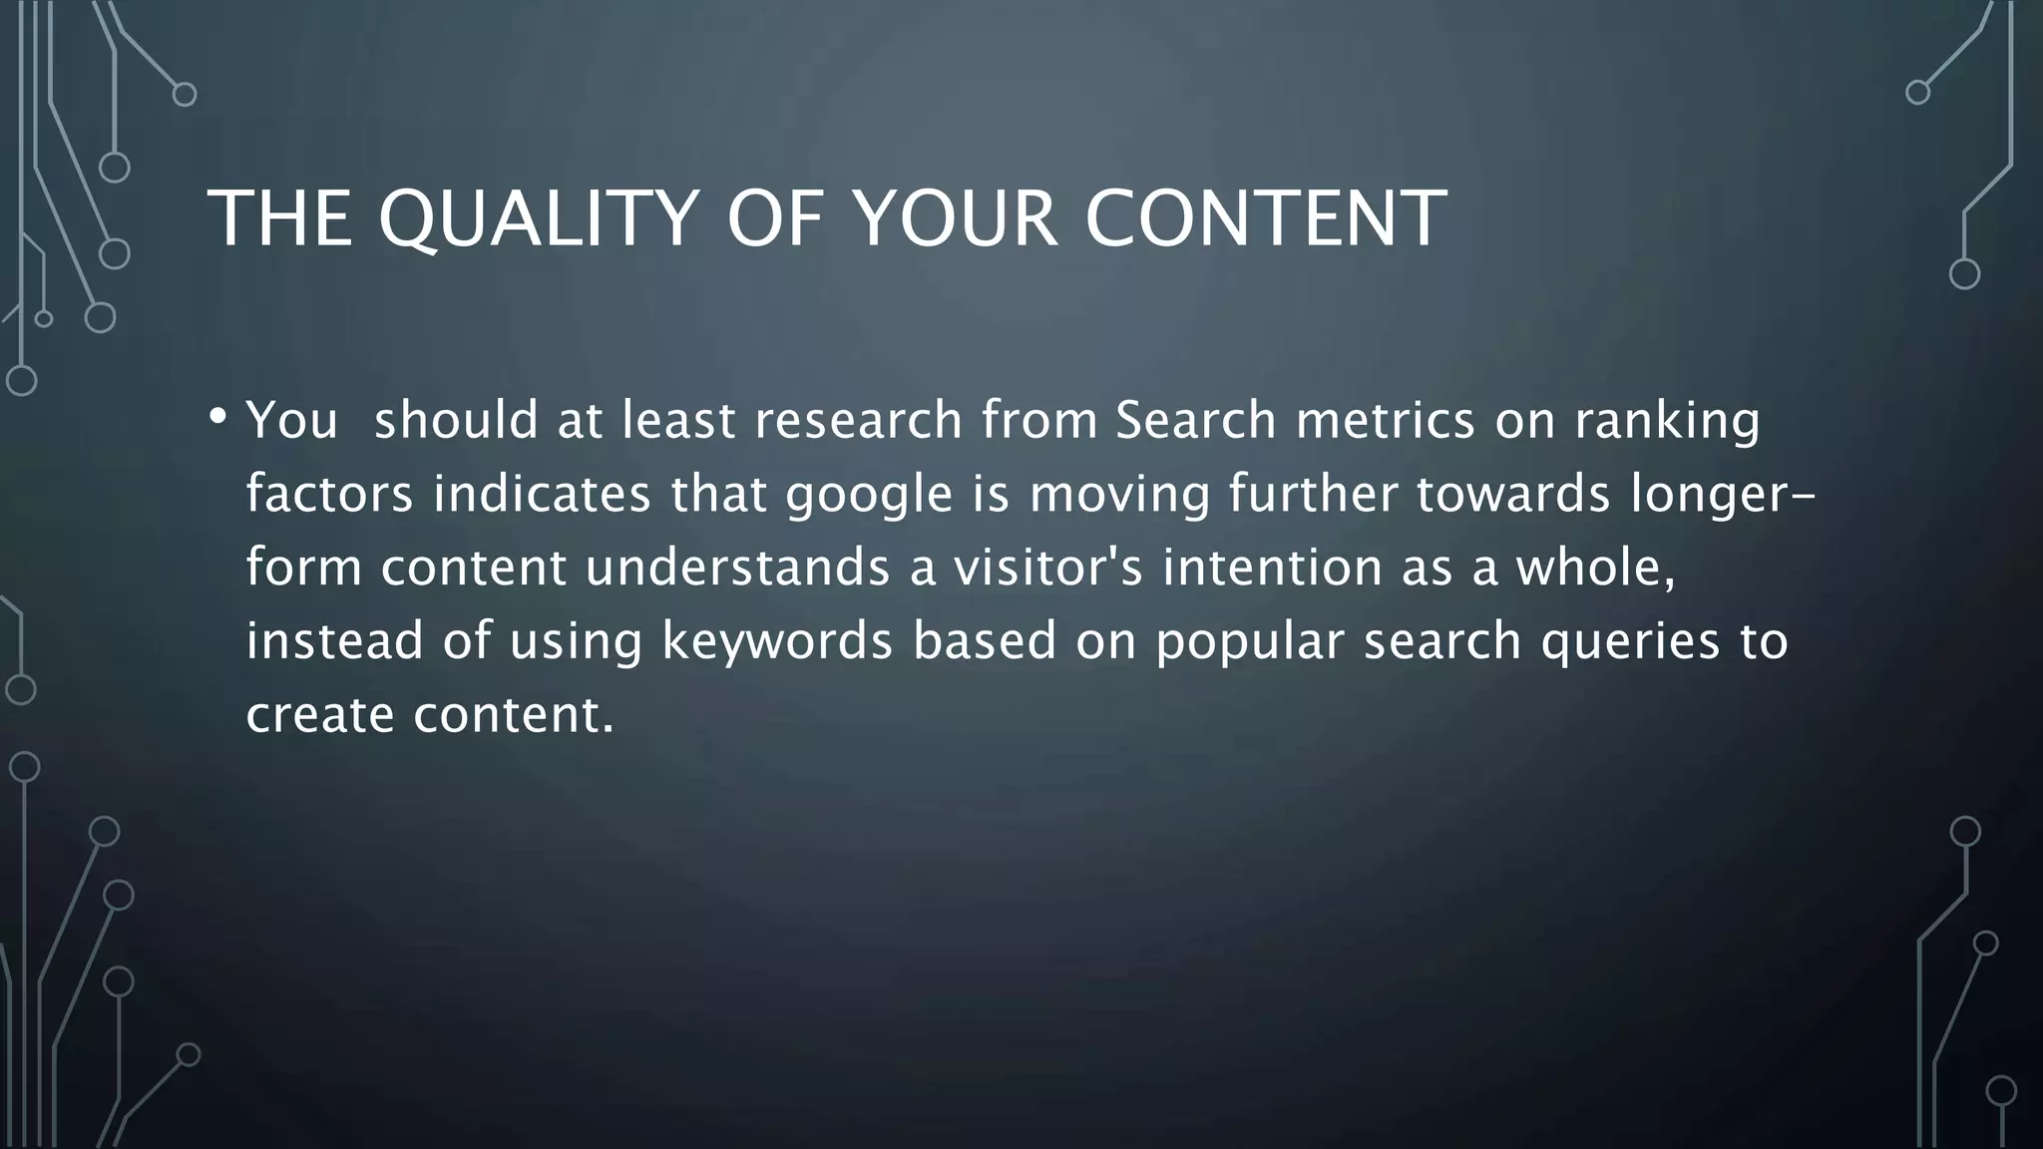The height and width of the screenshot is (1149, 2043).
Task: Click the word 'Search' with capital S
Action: coord(1195,420)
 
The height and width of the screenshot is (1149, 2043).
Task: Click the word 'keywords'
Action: coord(777,641)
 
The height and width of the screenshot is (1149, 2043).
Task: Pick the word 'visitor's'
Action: coord(1047,568)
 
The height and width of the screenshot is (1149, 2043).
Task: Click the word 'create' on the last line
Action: coord(319,715)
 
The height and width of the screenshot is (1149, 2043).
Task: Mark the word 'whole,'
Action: coord(1595,568)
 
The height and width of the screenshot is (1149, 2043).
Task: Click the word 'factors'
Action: coord(329,494)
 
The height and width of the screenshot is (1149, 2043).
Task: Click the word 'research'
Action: coord(858,420)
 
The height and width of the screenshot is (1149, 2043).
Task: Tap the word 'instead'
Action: coord(335,641)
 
